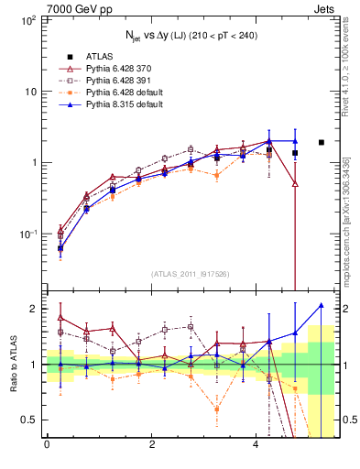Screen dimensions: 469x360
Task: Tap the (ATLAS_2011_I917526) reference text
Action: [x=191, y=274]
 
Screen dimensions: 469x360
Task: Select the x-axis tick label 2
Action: [x=151, y=445]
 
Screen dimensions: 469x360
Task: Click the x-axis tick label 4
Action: [x=256, y=445]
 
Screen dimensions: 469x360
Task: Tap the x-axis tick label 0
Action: [x=47, y=445]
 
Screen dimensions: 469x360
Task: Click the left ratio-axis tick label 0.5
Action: [x=28, y=420]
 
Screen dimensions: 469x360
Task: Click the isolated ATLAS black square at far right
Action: [x=322, y=142]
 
